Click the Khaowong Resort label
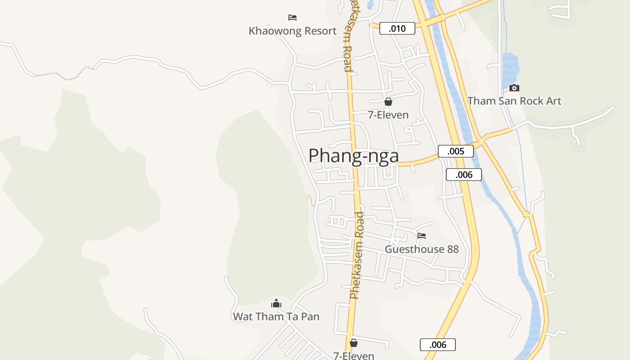click(292, 31)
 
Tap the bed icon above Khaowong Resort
click(292, 18)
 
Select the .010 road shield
click(397, 29)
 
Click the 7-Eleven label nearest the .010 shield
click(388, 115)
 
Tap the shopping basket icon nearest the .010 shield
click(388, 102)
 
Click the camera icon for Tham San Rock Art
click(514, 88)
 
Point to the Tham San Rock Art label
click(514, 101)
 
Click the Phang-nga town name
click(354, 156)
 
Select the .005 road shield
click(455, 151)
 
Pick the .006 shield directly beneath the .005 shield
click(463, 175)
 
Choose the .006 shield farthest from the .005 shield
click(437, 345)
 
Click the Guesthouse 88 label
click(422, 249)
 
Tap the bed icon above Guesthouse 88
click(422, 235)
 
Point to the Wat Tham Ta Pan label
click(276, 316)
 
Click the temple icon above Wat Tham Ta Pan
click(276, 303)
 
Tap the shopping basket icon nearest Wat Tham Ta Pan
click(354, 343)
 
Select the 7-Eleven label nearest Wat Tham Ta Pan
click(354, 355)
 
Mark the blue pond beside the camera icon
click(510, 67)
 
